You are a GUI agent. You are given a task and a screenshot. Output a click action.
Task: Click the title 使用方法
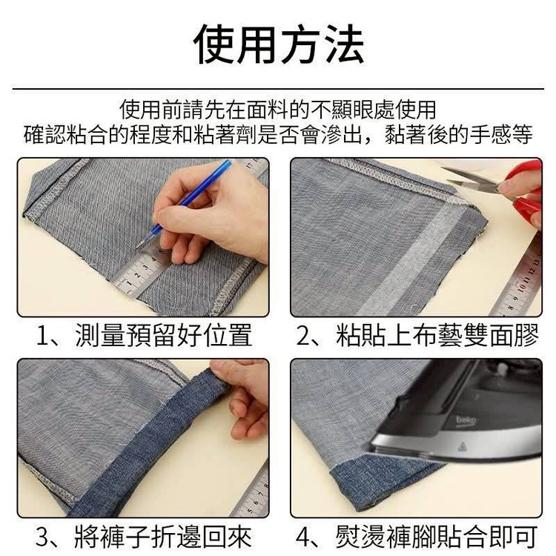278,44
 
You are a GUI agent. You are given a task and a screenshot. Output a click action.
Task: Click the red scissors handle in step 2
525,195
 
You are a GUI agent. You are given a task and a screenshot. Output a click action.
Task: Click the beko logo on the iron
466,421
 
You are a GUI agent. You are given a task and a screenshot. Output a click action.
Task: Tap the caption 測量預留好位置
164,335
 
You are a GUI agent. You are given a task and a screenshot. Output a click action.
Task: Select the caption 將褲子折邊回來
164,537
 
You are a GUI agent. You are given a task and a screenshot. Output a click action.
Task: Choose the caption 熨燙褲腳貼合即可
437,537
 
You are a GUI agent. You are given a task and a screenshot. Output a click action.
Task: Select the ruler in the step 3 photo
252,493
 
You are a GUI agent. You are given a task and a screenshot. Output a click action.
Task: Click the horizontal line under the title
278,89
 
